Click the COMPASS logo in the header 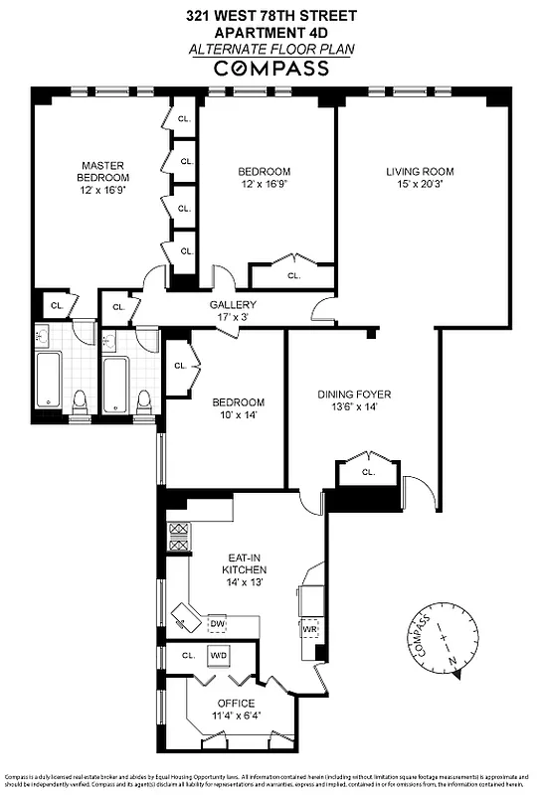(271, 69)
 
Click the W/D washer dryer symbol (218, 656)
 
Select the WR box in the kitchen (309, 629)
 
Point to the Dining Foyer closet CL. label (369, 472)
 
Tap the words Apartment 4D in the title (270, 31)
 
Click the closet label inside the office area (187, 656)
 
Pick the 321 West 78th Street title (270, 16)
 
